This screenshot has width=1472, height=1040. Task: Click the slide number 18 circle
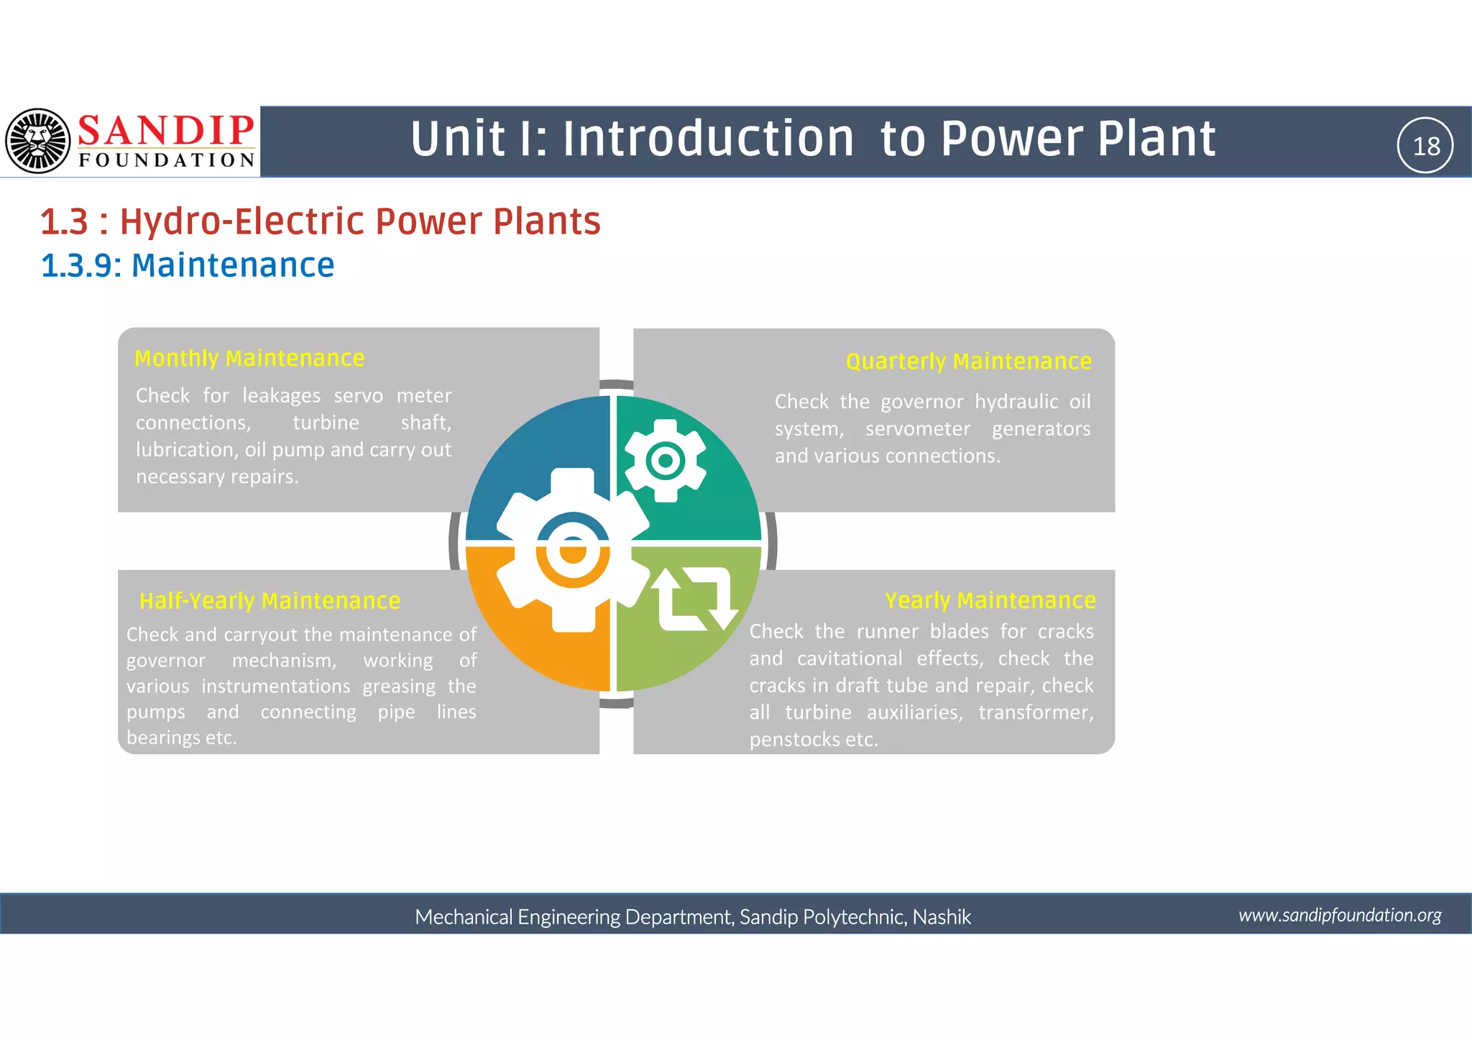point(1425,145)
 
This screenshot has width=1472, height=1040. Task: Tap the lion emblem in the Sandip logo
point(37,141)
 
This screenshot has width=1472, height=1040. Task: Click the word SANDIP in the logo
point(165,131)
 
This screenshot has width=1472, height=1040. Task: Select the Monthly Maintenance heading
point(249,358)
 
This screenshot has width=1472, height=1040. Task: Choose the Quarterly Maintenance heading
point(968,361)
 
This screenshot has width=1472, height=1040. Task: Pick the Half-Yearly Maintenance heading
point(270,600)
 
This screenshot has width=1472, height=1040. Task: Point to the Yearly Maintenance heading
point(990,599)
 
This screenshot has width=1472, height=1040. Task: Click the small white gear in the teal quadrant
point(665,461)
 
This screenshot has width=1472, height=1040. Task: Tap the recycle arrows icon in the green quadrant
point(694,599)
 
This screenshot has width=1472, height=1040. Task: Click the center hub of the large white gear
point(573,551)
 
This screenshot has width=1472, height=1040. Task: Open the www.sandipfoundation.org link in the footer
point(1340,915)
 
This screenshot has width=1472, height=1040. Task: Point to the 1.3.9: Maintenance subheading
point(188,265)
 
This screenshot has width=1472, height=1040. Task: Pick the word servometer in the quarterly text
point(917,429)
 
